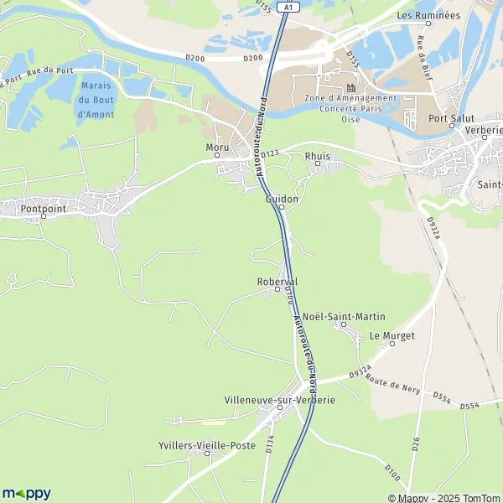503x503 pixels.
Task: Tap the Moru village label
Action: click(x=216, y=148)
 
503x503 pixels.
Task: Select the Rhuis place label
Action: click(x=318, y=156)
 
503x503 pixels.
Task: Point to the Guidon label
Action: click(x=282, y=200)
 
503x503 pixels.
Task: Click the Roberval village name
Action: click(x=277, y=282)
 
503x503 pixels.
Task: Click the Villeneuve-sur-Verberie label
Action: click(x=280, y=400)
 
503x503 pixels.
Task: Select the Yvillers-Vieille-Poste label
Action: click(x=207, y=445)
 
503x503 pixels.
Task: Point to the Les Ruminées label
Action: click(x=428, y=15)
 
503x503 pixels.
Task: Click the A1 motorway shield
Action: click(x=289, y=6)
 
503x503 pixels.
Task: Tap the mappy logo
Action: click(x=26, y=493)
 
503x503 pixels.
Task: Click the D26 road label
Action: click(x=415, y=443)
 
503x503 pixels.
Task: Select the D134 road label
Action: click(x=269, y=444)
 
